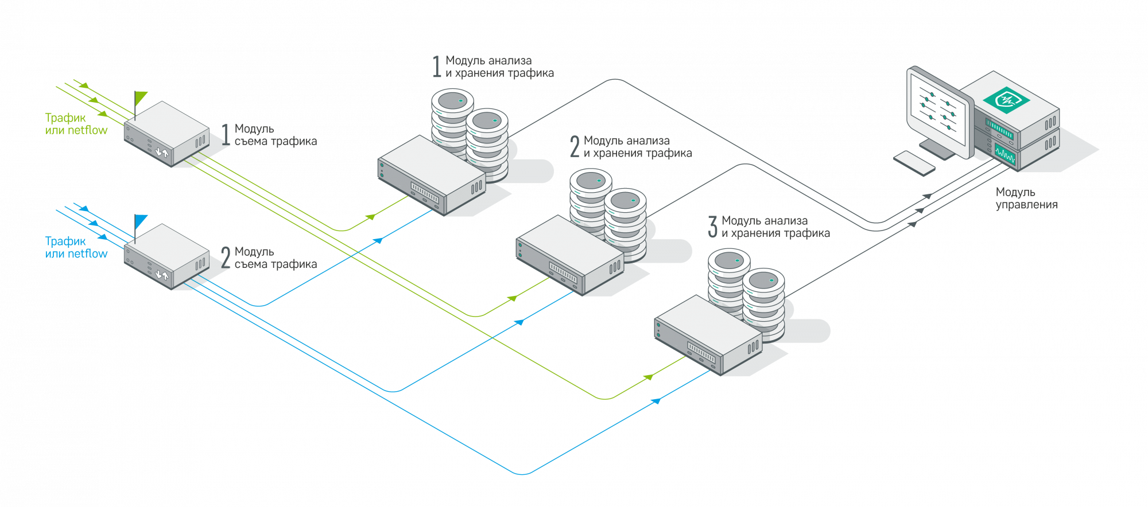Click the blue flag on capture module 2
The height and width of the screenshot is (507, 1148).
[x=141, y=221]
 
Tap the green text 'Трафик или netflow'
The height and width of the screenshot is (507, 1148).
[x=76, y=124]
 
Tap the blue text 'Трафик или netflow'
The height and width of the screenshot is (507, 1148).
[x=76, y=247]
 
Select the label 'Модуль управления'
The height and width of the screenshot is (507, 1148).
[x=1026, y=198]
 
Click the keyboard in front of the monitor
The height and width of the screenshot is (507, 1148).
[x=915, y=163]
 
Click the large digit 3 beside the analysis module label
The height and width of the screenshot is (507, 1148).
[x=712, y=227]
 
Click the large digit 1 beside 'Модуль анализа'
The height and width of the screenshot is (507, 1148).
[x=436, y=66]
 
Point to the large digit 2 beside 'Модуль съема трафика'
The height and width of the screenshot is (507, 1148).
[x=226, y=256]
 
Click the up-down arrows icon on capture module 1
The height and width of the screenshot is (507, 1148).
[x=163, y=153]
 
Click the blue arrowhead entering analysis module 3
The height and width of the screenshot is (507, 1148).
[x=657, y=400]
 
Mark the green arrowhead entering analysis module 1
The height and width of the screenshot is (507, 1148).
[x=371, y=217]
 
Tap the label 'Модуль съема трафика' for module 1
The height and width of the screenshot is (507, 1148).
[x=275, y=135]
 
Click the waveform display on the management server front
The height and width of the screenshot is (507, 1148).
[x=1004, y=154]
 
